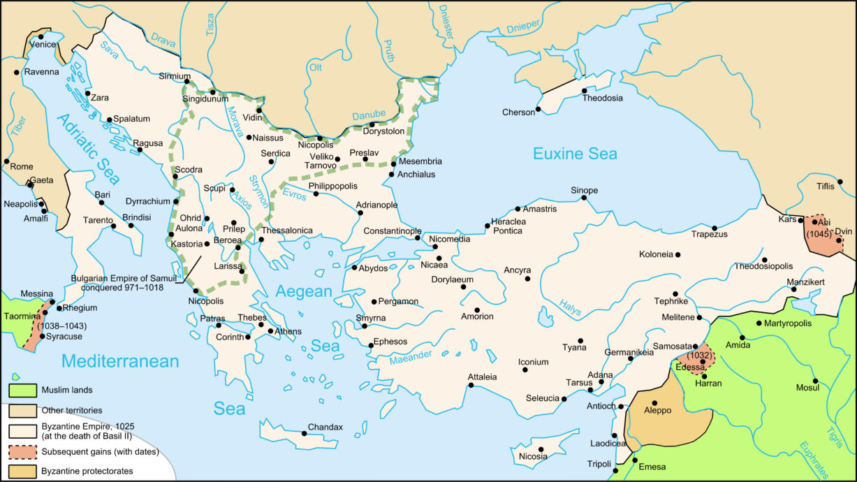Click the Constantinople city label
click(392, 231)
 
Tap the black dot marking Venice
click(41, 36)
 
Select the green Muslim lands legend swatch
click(22, 390)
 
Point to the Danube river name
click(369, 115)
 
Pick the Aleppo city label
click(657, 411)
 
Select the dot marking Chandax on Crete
click(305, 434)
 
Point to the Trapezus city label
click(709, 235)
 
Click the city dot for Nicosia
click(541, 449)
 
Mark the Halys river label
click(571, 305)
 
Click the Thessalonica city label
click(287, 230)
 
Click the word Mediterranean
click(120, 361)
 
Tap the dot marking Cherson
click(538, 109)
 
